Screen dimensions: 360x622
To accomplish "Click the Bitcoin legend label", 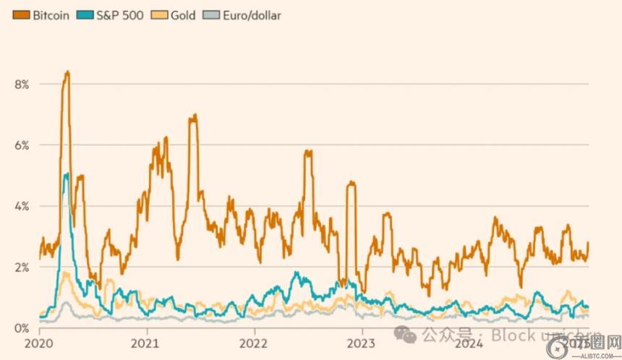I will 51,14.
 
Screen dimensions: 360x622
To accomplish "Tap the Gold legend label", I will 183,14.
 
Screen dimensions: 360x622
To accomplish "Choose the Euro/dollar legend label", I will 251,14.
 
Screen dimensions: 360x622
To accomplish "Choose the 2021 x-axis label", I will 148,342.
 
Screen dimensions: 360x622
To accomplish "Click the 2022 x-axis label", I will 255,342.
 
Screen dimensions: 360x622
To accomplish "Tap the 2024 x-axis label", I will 469,342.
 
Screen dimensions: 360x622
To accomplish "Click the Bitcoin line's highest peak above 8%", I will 67,72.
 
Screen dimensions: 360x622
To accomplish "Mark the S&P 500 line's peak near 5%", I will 67,173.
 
